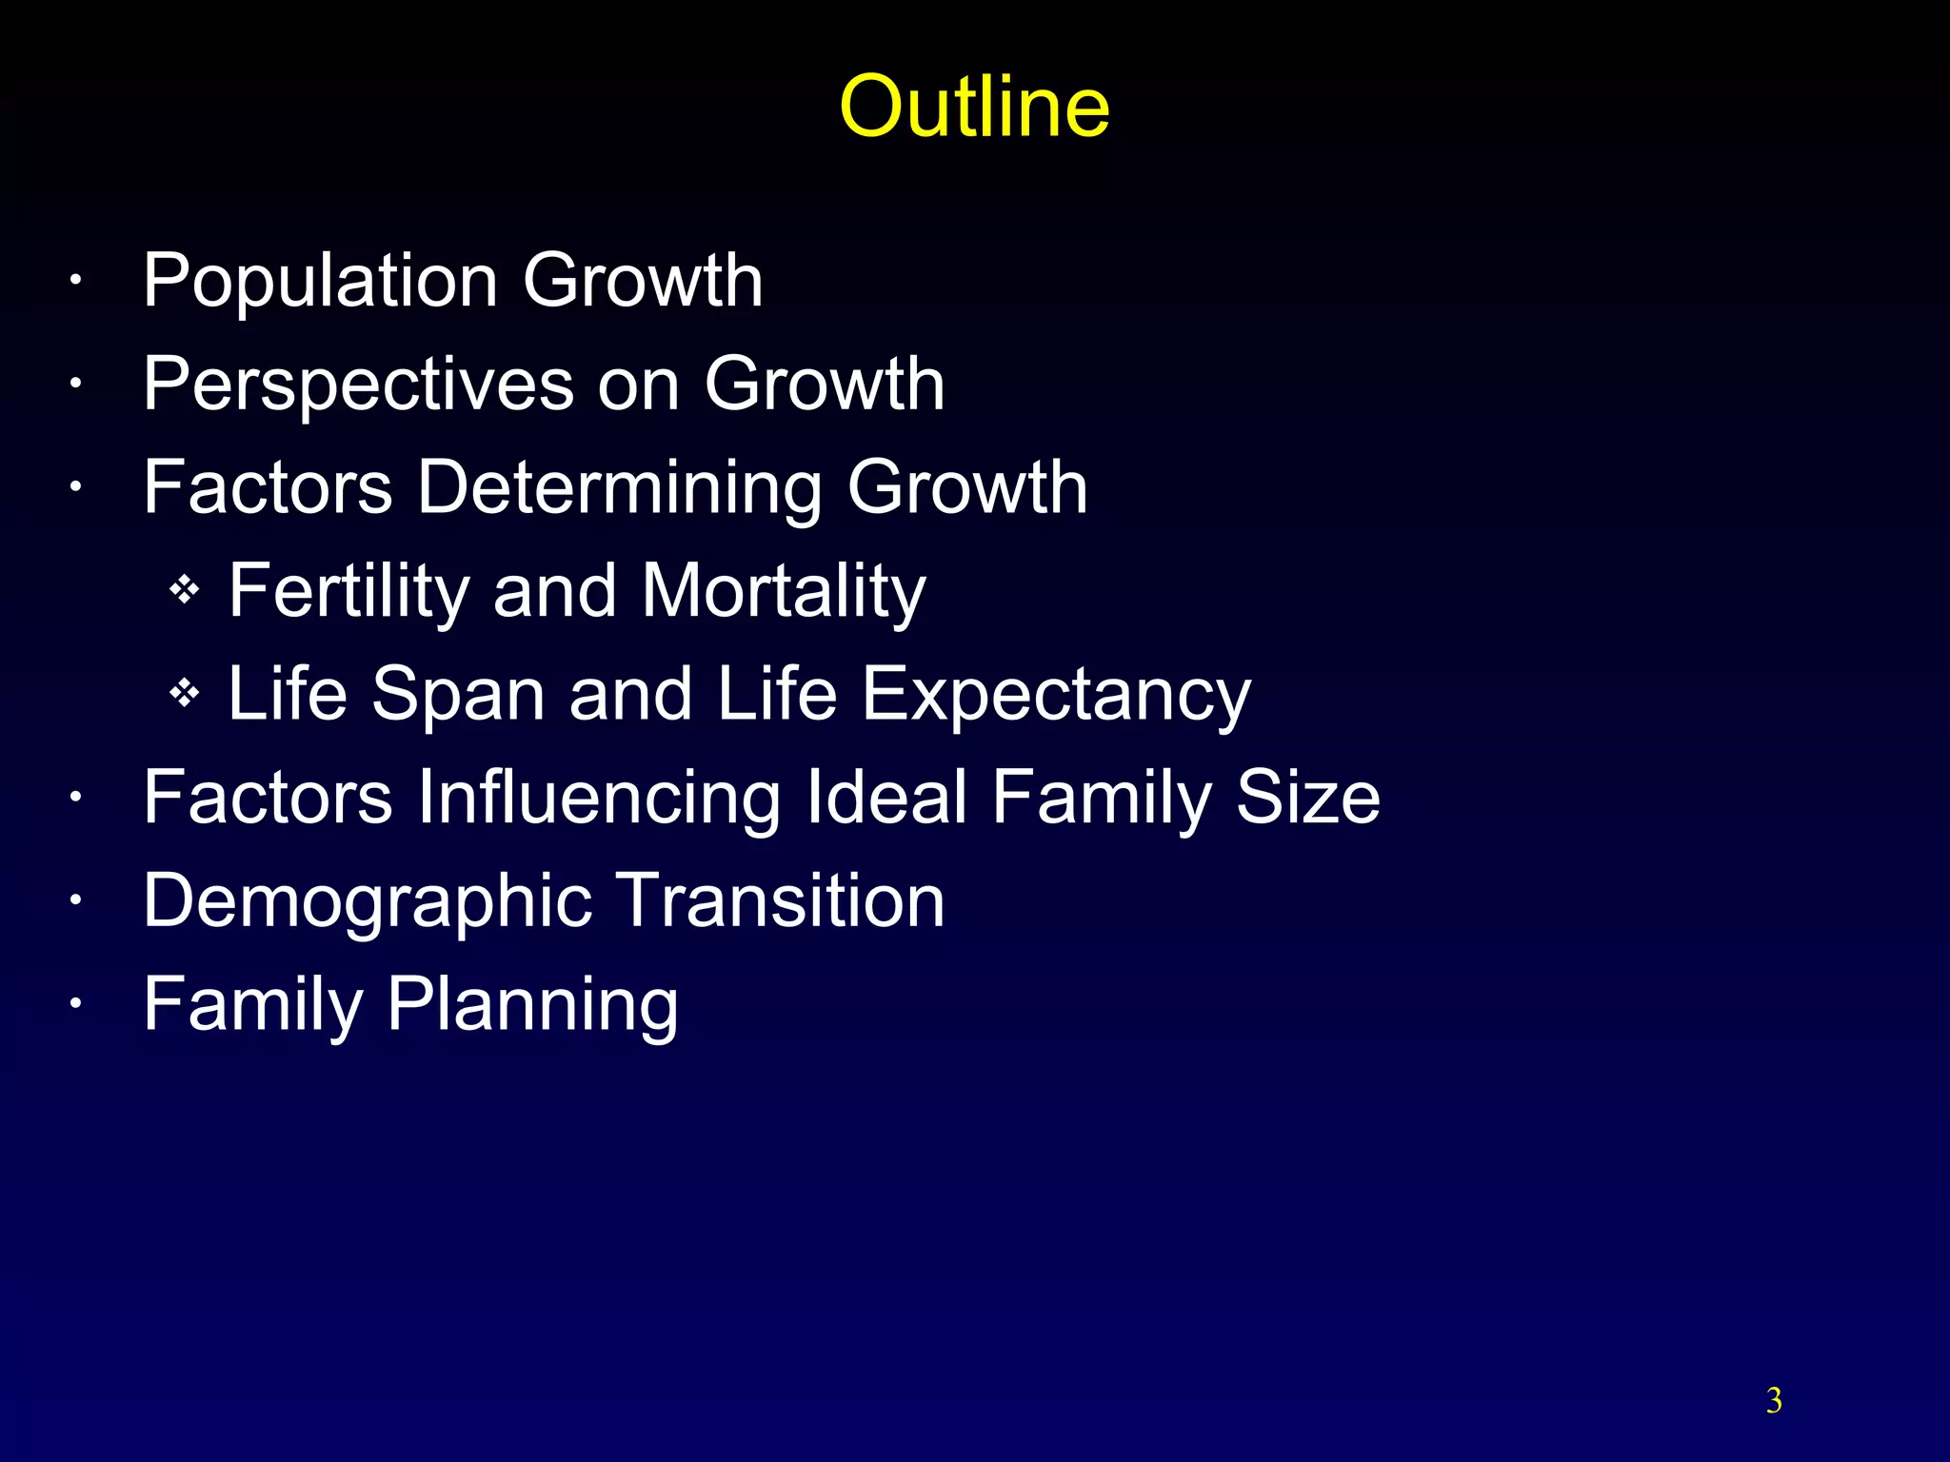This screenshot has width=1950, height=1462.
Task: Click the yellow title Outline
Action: [x=974, y=107]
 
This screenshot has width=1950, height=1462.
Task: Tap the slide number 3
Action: [x=1773, y=1400]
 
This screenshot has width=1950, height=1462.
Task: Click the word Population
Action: [x=321, y=282]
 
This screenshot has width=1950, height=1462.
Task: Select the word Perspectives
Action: [x=358, y=385]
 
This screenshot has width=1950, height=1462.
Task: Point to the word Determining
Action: [x=618, y=488]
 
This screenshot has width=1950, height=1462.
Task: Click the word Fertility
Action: [x=348, y=592]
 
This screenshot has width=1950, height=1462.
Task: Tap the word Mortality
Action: [x=783, y=592]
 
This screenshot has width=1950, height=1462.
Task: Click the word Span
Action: [x=458, y=694]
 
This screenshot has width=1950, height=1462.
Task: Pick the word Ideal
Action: [x=886, y=798]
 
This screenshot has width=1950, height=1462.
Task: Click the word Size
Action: [x=1306, y=798]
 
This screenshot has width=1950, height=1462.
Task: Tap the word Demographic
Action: [x=367, y=902]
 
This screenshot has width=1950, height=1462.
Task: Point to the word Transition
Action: [x=780, y=900]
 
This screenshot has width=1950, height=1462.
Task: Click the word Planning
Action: [x=532, y=1005]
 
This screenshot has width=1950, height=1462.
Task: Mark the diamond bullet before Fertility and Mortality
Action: [x=184, y=591]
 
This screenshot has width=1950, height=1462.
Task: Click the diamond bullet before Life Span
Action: [x=184, y=694]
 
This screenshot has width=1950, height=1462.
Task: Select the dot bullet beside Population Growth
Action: [x=75, y=282]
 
